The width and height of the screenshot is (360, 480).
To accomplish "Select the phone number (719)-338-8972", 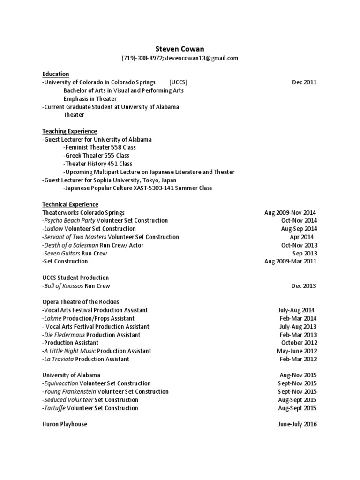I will coord(142,58).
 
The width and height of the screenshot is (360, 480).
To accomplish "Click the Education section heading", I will coord(56,74).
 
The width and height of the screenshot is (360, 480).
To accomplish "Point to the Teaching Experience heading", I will coord(70,131).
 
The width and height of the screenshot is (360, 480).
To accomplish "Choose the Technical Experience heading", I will coord(70,204).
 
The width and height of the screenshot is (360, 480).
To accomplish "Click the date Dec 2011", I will coord(304,82).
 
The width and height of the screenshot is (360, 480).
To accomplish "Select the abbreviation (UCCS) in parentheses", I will coord(178,82).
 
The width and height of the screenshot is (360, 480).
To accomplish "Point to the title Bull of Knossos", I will coord(64,286).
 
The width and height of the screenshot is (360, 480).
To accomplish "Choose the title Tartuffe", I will coord(55,408).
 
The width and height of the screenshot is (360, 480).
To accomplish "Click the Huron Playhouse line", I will coord(65,424).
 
